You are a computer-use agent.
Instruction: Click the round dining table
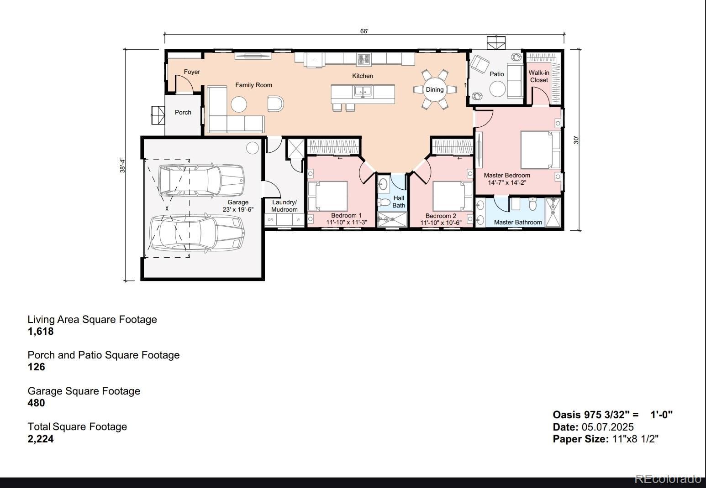tap(435, 89)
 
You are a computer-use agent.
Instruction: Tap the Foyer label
tap(192, 72)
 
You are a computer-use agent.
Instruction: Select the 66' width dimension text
tap(364, 31)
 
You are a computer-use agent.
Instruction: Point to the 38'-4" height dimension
tap(122, 165)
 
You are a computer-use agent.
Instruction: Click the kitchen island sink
tap(363, 91)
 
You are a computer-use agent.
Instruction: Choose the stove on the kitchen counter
tap(364, 59)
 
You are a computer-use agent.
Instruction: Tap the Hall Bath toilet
tap(384, 202)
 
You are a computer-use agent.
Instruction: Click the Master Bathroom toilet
tap(532, 204)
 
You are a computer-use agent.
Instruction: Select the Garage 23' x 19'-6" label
tap(238, 206)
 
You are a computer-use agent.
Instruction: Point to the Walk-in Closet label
tap(539, 76)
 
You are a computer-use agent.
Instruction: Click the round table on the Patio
tap(497, 89)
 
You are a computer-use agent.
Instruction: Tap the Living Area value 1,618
tap(41, 332)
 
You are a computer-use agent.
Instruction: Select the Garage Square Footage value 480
tap(36, 403)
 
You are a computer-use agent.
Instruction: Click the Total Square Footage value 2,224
tap(41, 439)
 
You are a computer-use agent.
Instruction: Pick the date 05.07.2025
tap(607, 427)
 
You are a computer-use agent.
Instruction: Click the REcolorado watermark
tap(668, 479)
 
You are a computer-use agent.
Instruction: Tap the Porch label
tap(183, 112)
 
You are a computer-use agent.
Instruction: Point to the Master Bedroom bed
tap(540, 150)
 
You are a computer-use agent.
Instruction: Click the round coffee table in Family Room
tap(238, 104)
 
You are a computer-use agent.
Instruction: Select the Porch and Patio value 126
tap(36, 367)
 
